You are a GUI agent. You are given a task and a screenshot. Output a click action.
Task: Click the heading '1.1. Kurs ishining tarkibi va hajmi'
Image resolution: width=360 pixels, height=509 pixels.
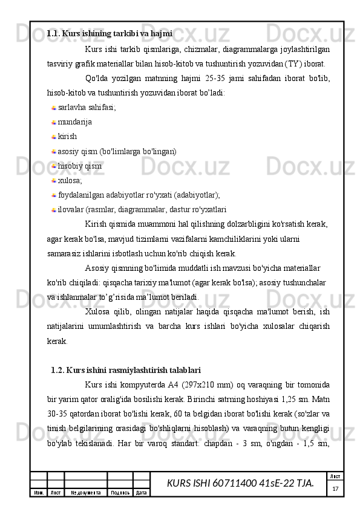coord(110,33)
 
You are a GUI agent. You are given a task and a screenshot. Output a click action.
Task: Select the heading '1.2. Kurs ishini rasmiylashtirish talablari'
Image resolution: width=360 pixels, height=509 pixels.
coord(126,369)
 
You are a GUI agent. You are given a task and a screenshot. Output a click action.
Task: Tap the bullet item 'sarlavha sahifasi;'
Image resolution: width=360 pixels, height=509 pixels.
coord(87,108)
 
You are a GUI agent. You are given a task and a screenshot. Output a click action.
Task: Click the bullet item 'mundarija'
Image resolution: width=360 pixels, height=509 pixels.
coord(75,122)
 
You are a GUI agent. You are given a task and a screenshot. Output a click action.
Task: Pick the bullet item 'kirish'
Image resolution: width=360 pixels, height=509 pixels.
coord(68,137)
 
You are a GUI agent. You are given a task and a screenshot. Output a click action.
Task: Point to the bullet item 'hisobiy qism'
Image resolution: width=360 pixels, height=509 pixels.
coord(80,166)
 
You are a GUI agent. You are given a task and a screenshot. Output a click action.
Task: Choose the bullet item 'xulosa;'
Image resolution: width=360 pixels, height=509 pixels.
coord(71,180)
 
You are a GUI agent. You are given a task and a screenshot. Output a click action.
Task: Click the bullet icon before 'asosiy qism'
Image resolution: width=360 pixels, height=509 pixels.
coord(54,152)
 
